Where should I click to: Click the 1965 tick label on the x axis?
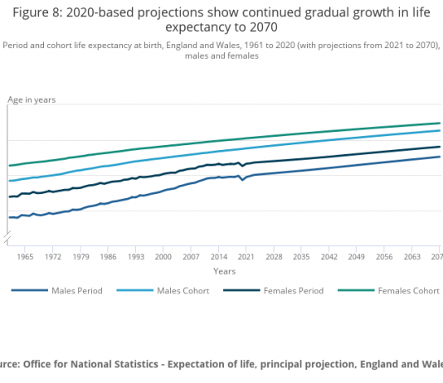25,256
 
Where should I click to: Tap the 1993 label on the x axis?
136,256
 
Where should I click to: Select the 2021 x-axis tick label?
246,256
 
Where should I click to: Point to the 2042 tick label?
329,256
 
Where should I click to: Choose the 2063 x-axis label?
412,256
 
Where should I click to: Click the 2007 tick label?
191,256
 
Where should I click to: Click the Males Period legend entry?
56,291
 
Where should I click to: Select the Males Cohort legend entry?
163,291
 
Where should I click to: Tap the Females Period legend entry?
274,291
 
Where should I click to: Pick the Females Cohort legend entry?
389,291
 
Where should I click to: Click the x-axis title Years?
225,271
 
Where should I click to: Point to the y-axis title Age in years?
32,100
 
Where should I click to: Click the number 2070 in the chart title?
264,27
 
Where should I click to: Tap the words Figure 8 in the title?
37,12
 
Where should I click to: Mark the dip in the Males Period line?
242,180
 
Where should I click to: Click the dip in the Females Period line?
242,166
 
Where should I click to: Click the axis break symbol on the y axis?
7,237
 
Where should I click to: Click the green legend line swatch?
356,290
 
